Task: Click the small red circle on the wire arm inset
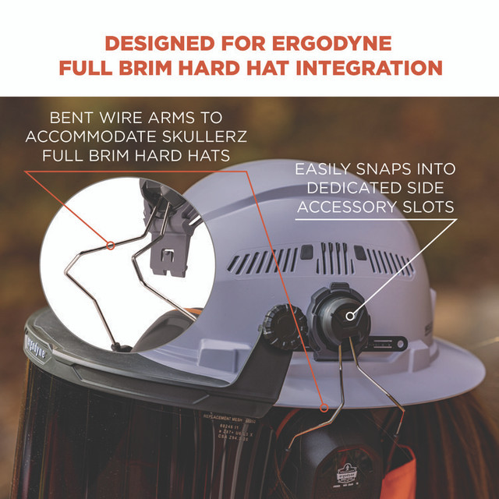point(111,246)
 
